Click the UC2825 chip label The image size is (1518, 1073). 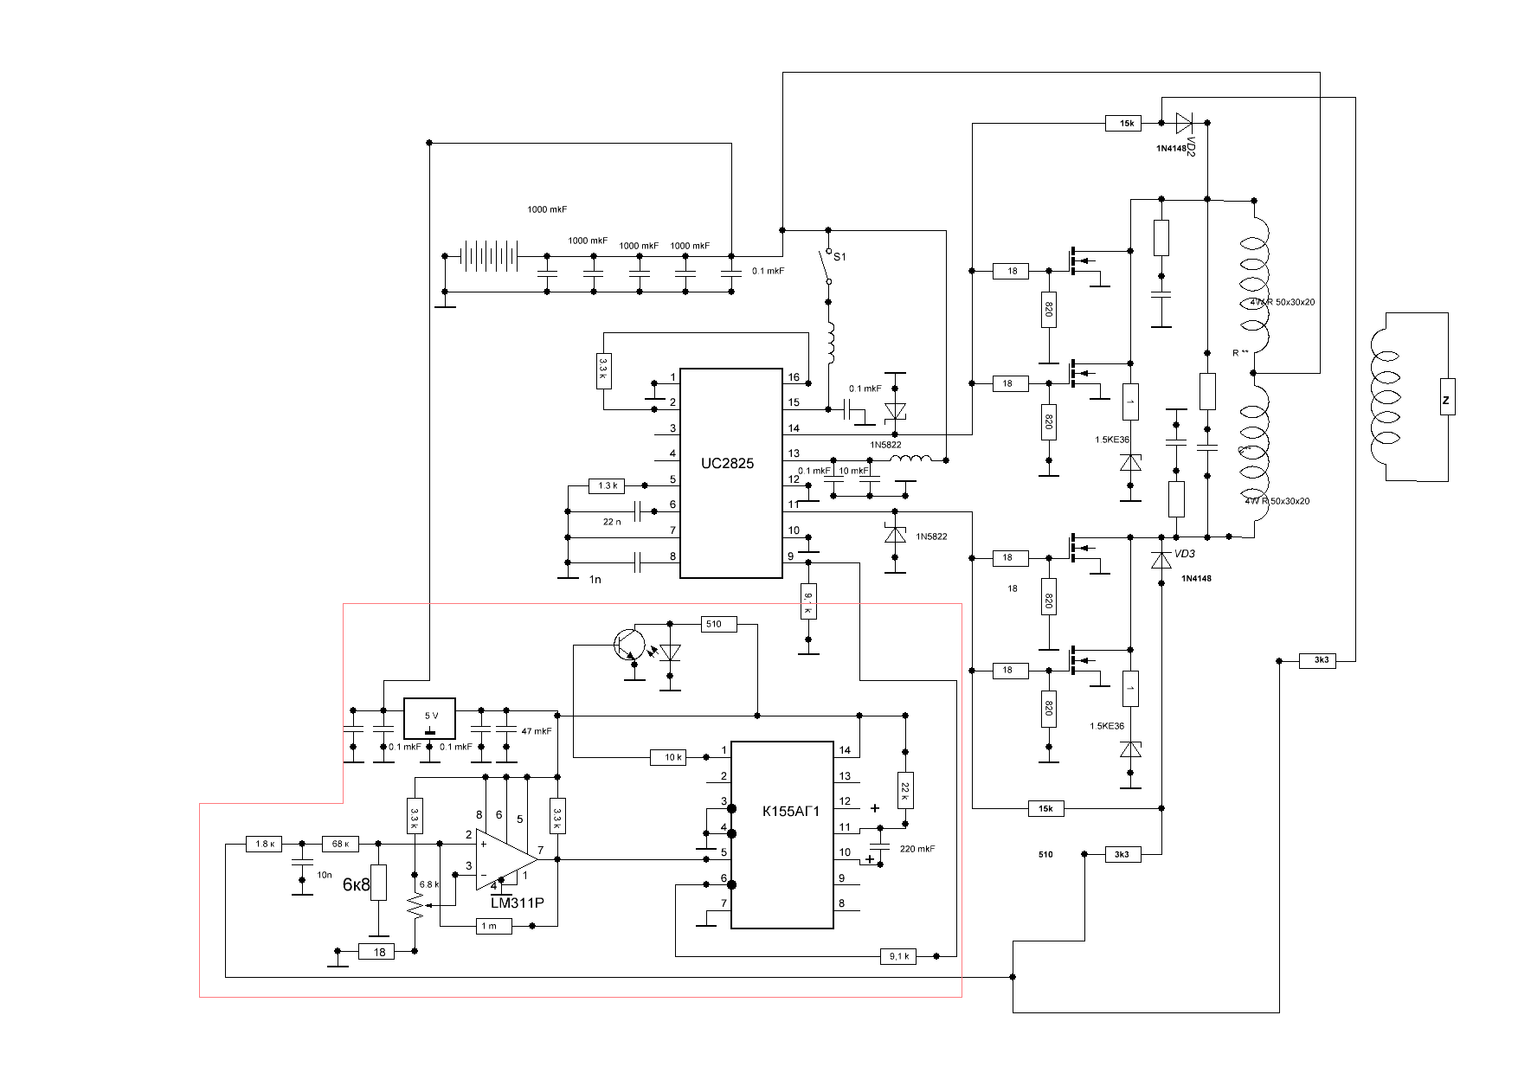click(727, 464)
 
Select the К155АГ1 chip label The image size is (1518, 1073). click(790, 812)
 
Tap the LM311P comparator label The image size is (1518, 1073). click(517, 903)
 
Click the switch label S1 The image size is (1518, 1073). click(839, 257)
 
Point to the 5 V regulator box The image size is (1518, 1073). click(430, 716)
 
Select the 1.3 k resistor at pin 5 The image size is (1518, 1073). click(607, 486)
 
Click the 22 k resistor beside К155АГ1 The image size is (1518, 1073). click(905, 790)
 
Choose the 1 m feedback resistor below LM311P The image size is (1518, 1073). click(489, 927)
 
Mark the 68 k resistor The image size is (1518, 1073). click(340, 844)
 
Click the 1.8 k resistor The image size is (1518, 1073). click(264, 844)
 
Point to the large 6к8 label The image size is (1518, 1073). click(356, 885)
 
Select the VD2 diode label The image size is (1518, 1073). click(1191, 145)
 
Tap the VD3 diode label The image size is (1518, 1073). click(1185, 555)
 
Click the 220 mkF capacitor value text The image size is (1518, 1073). click(917, 849)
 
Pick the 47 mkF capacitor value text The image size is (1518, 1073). click(536, 731)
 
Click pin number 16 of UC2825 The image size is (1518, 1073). click(793, 378)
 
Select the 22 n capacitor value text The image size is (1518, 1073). click(612, 522)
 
